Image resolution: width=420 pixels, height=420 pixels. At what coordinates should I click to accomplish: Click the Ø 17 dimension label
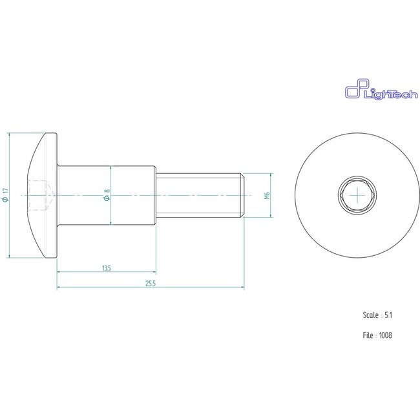(6, 195)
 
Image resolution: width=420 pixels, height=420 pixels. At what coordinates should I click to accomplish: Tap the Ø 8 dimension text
(107, 195)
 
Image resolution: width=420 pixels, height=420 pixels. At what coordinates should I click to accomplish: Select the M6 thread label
(266, 195)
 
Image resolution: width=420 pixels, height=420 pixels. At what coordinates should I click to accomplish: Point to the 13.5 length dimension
(107, 267)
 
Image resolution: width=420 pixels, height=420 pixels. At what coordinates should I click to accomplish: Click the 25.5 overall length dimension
(150, 284)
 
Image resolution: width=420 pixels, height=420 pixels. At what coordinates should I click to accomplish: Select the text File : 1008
(377, 335)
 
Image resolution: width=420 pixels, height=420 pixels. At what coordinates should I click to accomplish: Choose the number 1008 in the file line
(386, 335)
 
